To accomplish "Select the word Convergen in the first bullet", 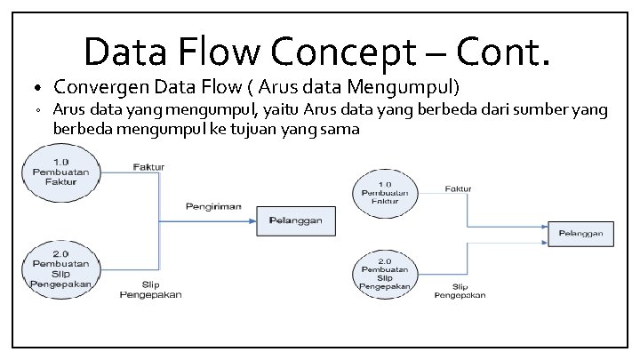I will pyautogui.click(x=98, y=87).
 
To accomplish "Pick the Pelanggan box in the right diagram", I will pyautogui.click(x=581, y=234).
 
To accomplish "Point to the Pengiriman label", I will pyautogui.click(x=214, y=205).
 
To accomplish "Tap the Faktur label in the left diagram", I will pyautogui.click(x=148, y=166).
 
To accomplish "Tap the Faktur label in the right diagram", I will pyautogui.click(x=458, y=188).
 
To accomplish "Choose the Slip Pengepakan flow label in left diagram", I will pyautogui.click(x=150, y=290).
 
